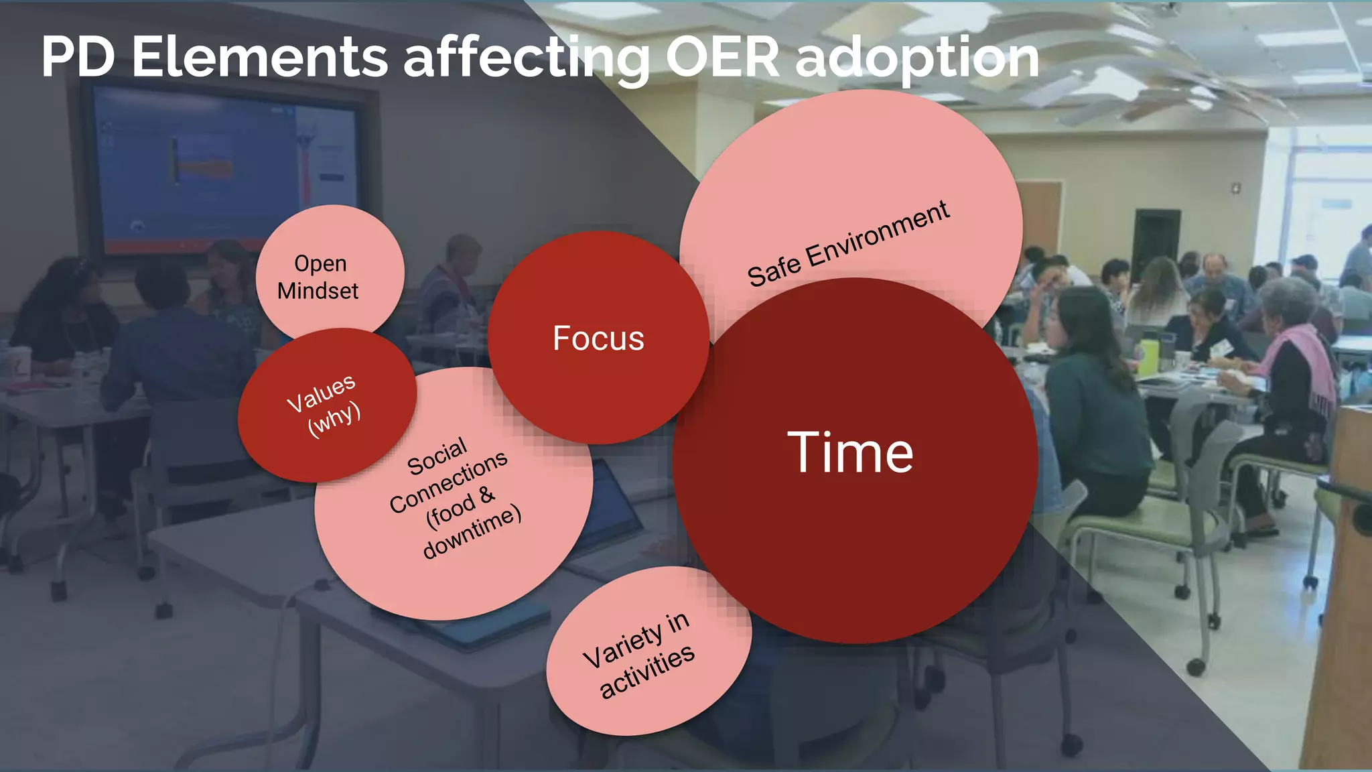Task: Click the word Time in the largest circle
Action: (849, 454)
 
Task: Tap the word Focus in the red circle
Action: (598, 338)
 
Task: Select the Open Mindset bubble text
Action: (319, 277)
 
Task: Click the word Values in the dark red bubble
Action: (321, 393)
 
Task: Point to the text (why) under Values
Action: (334, 421)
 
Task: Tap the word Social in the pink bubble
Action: (437, 457)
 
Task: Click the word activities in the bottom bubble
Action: (646, 672)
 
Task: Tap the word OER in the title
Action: (722, 57)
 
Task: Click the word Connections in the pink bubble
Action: (448, 481)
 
